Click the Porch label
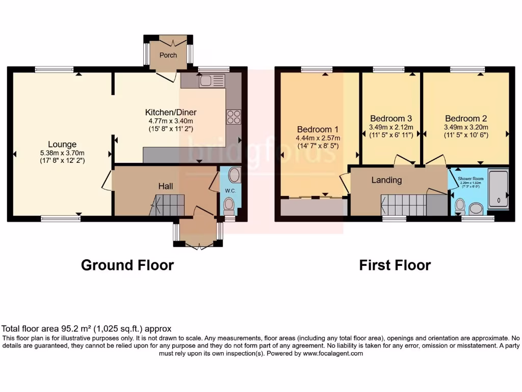coord(168,55)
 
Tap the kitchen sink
coord(212,80)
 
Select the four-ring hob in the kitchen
coord(233,117)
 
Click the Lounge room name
coord(62,144)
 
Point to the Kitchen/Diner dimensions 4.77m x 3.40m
coord(171,121)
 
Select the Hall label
coord(165,187)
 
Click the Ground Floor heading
coord(127,265)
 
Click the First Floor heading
coord(395,265)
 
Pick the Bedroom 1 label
coord(318,129)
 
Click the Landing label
coord(386,180)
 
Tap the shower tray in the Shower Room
coord(498,189)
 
